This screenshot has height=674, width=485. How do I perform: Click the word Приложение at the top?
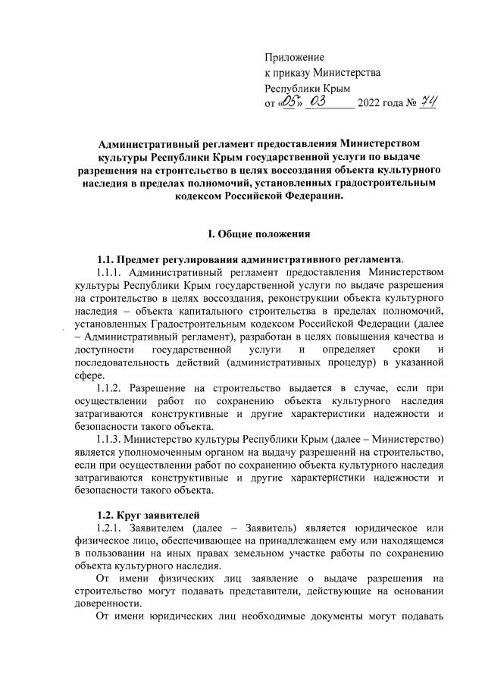(x=294, y=57)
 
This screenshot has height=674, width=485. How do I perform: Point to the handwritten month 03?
(x=331, y=102)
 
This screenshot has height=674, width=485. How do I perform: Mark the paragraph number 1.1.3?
(x=112, y=439)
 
